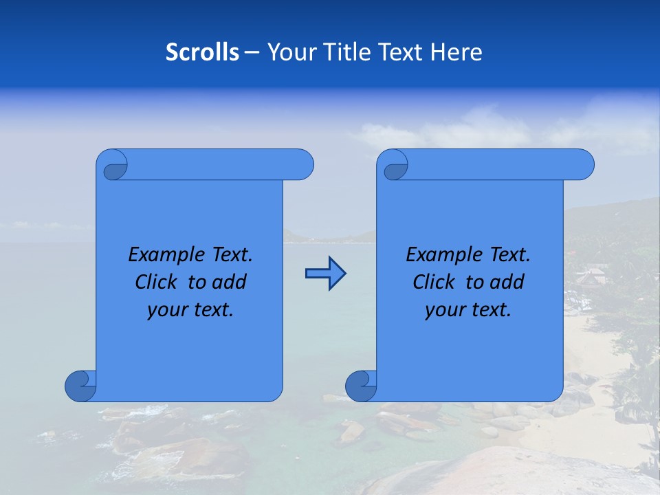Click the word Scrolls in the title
(x=202, y=52)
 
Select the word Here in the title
(x=456, y=52)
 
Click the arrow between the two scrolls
(x=325, y=274)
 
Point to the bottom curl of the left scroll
(x=81, y=385)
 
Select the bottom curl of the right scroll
(x=362, y=385)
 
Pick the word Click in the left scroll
(x=157, y=282)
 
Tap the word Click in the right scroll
(x=434, y=282)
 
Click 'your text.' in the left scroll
(x=190, y=309)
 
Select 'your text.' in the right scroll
(x=468, y=309)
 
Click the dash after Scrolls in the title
(x=252, y=52)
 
